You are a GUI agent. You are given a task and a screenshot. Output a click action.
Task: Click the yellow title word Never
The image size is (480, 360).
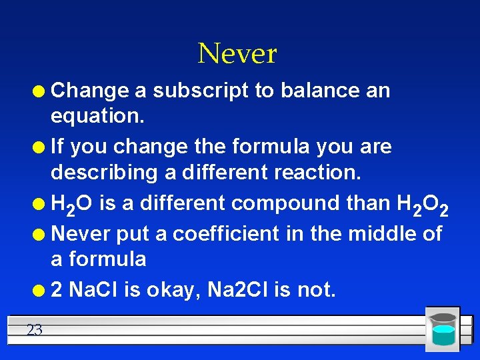237,53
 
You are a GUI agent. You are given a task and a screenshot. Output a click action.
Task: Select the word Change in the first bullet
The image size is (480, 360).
90,90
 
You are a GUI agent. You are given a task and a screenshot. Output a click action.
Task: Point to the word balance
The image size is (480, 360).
320,90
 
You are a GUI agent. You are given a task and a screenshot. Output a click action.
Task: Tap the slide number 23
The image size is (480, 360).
35,329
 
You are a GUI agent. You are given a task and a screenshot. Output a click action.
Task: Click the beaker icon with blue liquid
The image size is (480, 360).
442,329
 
